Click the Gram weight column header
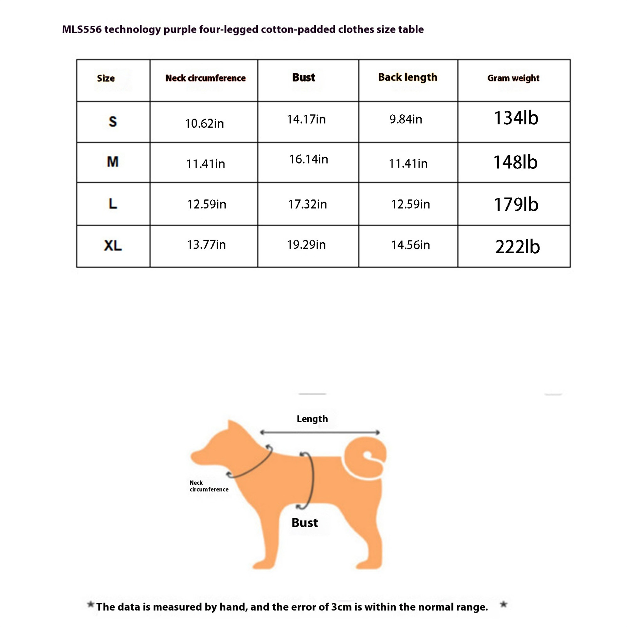513,78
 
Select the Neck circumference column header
205,78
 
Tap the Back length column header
408,77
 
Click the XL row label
113,246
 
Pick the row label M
113,162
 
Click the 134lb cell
516,118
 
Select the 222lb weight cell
517,247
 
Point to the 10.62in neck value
204,124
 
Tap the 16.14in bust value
308,159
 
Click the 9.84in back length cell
406,119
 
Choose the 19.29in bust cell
306,245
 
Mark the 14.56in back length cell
410,245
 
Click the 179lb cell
516,204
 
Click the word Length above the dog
312,419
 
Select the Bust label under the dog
304,523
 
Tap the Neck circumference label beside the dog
209,486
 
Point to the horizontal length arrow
320,433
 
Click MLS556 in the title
82,29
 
